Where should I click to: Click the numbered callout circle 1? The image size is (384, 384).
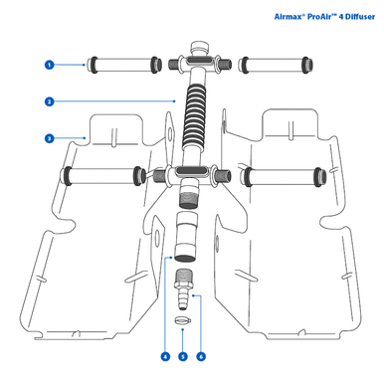click(x=48, y=65)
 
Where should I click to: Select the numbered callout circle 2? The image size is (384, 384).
click(x=48, y=100)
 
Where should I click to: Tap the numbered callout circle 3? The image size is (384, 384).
click(x=48, y=138)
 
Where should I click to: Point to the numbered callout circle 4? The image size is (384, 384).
click(x=163, y=355)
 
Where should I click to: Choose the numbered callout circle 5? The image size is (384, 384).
click(x=184, y=355)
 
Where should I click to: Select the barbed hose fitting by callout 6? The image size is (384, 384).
click(x=184, y=288)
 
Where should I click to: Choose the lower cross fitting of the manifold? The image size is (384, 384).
click(x=188, y=175)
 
